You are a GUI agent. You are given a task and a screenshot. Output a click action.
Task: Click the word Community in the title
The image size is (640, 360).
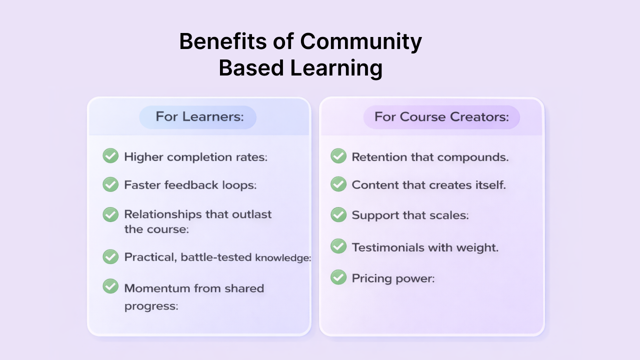pyautogui.click(x=361, y=42)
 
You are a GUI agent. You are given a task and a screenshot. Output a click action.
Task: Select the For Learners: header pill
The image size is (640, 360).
pyautogui.click(x=198, y=117)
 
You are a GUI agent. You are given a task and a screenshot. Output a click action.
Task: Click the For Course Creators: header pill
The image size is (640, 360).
pyautogui.click(x=441, y=117)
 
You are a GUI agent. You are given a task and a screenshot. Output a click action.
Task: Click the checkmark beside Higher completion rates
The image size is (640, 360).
pyautogui.click(x=110, y=156)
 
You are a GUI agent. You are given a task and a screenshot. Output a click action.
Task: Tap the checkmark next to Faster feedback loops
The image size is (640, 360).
pyautogui.click(x=110, y=184)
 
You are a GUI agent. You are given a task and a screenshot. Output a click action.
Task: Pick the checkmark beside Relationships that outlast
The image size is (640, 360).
pyautogui.click(x=110, y=214)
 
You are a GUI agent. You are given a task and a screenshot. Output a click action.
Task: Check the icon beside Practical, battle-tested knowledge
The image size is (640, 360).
pyautogui.click(x=110, y=257)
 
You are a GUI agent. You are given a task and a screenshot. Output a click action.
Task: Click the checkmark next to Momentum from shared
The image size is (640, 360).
pyautogui.click(x=110, y=286)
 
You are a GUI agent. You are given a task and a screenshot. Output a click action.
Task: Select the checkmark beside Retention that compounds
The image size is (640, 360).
pyautogui.click(x=338, y=156)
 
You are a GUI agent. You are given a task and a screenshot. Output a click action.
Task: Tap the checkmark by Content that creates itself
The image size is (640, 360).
pyautogui.click(x=338, y=184)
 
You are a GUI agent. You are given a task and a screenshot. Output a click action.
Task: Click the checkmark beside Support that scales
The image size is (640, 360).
pyautogui.click(x=338, y=214)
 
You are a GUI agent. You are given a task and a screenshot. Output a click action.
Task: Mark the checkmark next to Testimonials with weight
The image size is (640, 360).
pyautogui.click(x=338, y=246)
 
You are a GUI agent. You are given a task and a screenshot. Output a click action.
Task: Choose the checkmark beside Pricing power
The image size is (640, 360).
pyautogui.click(x=338, y=277)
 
